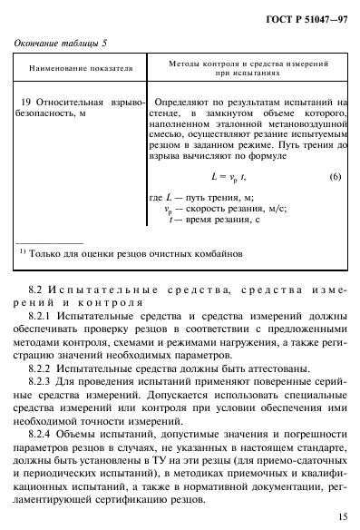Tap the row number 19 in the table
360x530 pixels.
pyautogui.click(x=26, y=105)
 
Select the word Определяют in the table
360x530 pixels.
pyautogui.click(x=186, y=105)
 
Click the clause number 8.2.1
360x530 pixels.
pyautogui.click(x=43, y=323)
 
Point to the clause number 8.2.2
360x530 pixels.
pyautogui.click(x=43, y=370)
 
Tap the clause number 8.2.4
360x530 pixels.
pyautogui.click(x=43, y=434)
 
